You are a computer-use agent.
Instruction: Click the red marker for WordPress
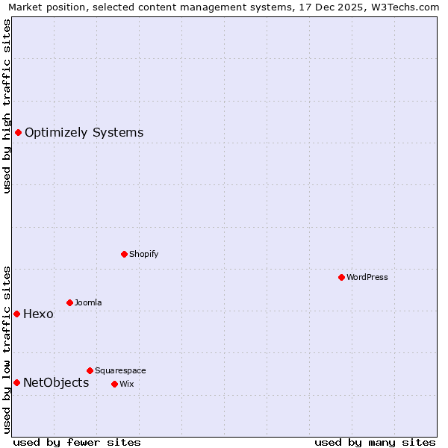[341, 277]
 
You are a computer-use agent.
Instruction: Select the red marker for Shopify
[124, 254]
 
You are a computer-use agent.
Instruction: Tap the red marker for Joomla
[69, 302]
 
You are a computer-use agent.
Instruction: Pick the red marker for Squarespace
[90, 370]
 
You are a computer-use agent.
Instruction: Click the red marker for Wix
[114, 384]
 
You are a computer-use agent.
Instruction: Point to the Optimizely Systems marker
[18, 133]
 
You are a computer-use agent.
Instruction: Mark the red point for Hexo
[16, 314]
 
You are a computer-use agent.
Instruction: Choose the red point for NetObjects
[16, 383]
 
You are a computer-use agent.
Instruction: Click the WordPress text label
[367, 277]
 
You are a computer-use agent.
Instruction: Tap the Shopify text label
[144, 254]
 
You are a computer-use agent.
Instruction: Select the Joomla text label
[88, 302]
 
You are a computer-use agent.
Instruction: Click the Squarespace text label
[120, 370]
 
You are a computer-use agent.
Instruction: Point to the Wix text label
[126, 384]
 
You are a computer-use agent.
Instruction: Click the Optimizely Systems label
[84, 133]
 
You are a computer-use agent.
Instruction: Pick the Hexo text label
[38, 314]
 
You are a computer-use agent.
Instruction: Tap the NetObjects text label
[56, 383]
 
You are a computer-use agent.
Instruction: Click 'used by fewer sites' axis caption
[77, 442]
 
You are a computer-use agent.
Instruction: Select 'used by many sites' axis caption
[375, 442]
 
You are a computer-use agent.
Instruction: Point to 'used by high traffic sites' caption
[7, 106]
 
